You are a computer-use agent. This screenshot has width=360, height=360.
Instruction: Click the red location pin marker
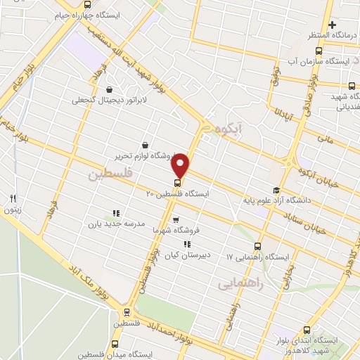click(181, 164)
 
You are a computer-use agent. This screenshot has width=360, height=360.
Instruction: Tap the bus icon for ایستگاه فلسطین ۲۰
click(176, 184)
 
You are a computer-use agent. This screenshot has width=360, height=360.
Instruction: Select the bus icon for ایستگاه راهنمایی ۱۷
click(257, 247)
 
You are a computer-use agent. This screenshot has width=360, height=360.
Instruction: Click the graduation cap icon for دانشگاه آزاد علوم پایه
click(276, 191)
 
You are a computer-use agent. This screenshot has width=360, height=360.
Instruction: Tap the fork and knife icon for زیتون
click(13, 198)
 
